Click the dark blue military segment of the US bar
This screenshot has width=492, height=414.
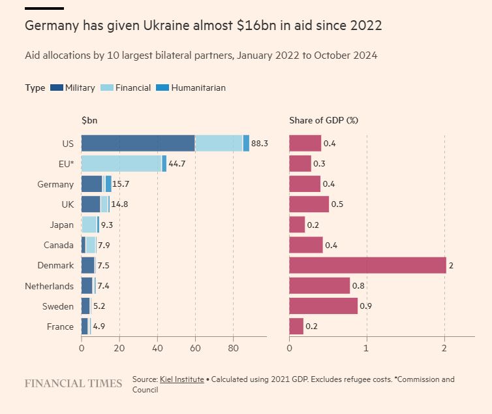pyautogui.click(x=138, y=143)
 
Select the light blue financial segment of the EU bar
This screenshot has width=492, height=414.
pyautogui.click(x=121, y=163)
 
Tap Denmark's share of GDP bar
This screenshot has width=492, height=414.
pyautogui.click(x=367, y=265)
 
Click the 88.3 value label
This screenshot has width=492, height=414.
pyautogui.click(x=261, y=143)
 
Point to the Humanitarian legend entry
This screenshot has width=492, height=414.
pyautogui.click(x=198, y=88)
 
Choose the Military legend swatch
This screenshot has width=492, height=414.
pyautogui.click(x=56, y=88)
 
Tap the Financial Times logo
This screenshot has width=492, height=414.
pyautogui.click(x=73, y=383)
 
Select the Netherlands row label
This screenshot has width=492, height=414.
pyautogui.click(x=49, y=286)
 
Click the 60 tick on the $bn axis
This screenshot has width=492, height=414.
pyautogui.click(x=195, y=349)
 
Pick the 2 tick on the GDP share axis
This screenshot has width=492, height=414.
pyautogui.click(x=444, y=349)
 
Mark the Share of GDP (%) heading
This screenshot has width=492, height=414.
pyautogui.click(x=324, y=120)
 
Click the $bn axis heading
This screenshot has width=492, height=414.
pyautogui.click(x=89, y=120)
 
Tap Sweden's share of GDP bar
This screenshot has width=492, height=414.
pyautogui.click(x=323, y=306)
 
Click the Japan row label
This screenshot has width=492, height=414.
pyautogui.click(x=61, y=225)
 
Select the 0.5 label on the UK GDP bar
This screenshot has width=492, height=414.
pyautogui.click(x=337, y=204)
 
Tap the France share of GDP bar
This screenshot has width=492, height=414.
pyautogui.click(x=296, y=326)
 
